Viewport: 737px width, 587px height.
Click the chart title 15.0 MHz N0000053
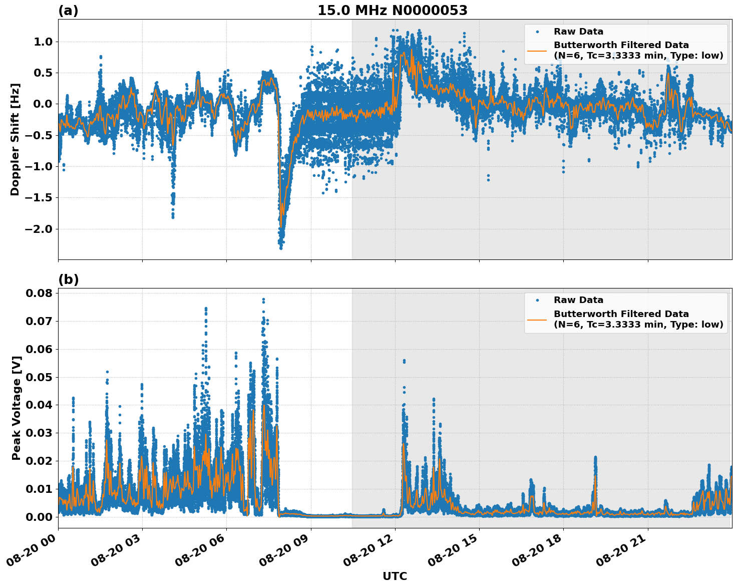click(x=392, y=11)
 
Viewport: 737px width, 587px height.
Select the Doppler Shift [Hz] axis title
click(x=15, y=139)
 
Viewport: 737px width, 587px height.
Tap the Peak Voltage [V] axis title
click(x=17, y=408)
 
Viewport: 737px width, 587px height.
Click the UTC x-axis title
click(x=395, y=576)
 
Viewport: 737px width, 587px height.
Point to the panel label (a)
click(x=68, y=11)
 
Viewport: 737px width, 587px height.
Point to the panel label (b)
click(x=68, y=279)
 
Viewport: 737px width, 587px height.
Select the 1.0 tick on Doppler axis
click(x=44, y=42)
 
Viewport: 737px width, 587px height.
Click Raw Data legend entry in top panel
click(x=578, y=32)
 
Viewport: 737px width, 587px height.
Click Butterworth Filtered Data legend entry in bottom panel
click(x=621, y=319)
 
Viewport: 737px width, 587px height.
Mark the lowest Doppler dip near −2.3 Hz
click(x=281, y=247)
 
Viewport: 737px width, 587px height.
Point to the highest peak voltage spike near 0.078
click(x=263, y=300)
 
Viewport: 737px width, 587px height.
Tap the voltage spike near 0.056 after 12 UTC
click(x=404, y=361)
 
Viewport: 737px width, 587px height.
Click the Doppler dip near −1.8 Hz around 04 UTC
click(x=173, y=216)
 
